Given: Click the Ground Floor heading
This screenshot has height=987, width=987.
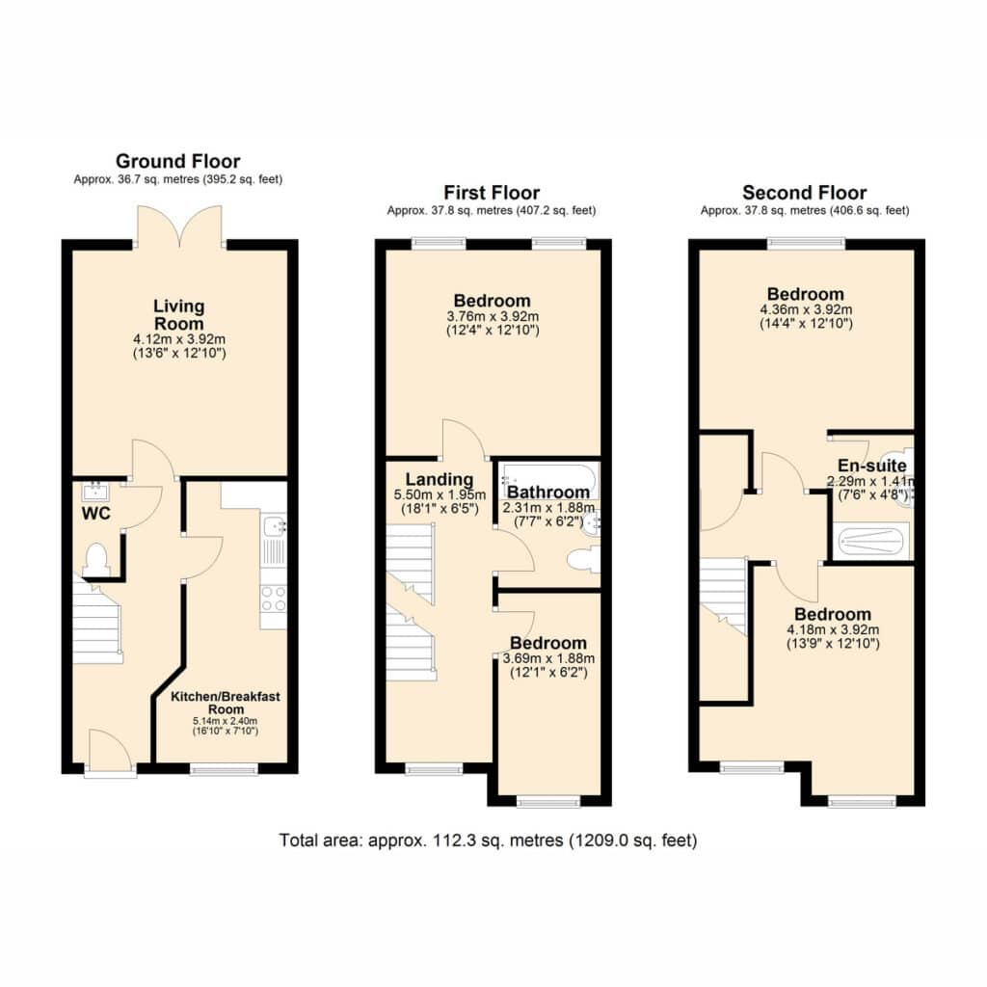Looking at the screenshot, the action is point(178,161).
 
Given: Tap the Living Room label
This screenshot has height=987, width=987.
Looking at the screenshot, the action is point(179,315).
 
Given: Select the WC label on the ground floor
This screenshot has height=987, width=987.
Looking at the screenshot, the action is point(95,514).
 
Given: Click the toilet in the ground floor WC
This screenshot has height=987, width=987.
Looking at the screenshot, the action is point(96,560).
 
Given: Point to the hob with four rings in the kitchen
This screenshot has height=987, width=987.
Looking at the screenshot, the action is point(274,598).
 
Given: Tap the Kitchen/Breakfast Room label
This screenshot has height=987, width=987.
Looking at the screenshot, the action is point(226,703).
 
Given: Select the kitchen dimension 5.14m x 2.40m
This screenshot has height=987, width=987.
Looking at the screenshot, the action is point(226,721).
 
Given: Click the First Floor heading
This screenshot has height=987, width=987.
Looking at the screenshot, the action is point(492,193).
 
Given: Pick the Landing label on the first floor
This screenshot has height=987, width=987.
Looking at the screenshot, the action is point(440,480).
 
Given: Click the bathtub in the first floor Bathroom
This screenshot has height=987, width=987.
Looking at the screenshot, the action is point(547,482).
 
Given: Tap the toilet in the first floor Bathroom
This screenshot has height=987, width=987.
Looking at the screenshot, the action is point(582,560).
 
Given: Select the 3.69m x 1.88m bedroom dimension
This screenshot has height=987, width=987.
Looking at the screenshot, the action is point(548,659).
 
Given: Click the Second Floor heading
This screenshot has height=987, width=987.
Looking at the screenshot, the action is point(805,193).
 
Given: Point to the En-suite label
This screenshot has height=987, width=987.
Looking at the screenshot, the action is point(871,466).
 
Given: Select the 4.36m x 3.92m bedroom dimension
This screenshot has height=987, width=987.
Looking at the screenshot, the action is point(807,309).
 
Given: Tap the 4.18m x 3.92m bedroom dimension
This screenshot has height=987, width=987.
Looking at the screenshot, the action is point(833,629).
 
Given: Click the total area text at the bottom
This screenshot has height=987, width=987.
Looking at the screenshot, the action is point(489,840).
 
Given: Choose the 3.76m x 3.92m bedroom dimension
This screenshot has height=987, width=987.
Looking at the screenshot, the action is point(493,316).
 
